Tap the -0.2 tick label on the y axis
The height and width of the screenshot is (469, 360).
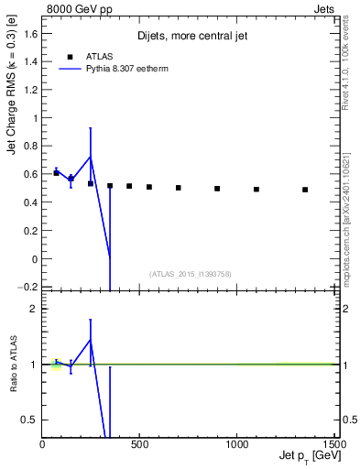point(27,288)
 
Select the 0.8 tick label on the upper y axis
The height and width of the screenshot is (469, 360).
point(29,147)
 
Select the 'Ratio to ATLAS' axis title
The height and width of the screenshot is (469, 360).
point(12,365)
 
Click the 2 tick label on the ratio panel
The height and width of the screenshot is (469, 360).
point(33,309)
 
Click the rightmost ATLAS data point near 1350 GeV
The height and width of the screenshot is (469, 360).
point(305,190)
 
